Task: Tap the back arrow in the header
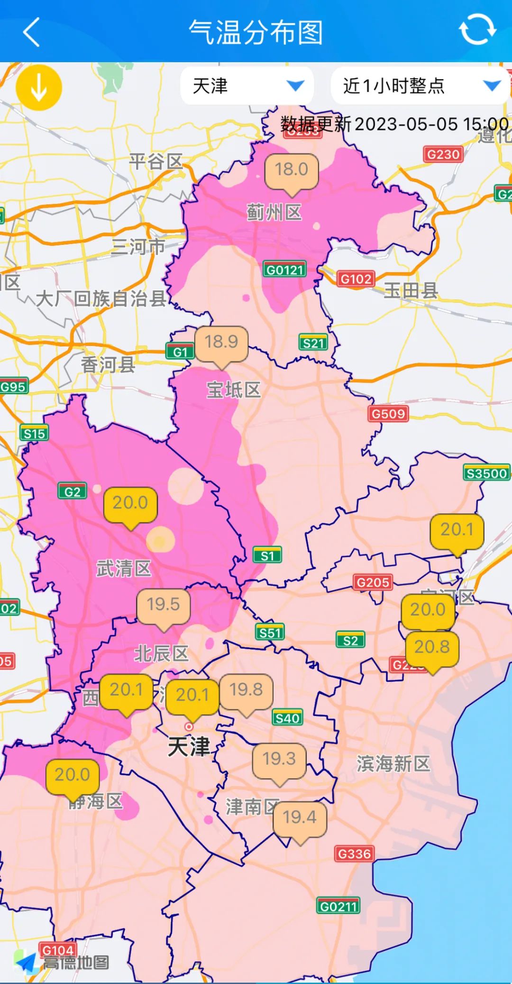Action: click(x=31, y=32)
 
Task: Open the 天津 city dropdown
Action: click(x=247, y=86)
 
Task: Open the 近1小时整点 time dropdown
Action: click(x=420, y=86)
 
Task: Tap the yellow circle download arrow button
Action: click(x=39, y=88)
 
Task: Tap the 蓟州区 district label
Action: click(x=274, y=212)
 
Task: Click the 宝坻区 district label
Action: click(x=234, y=390)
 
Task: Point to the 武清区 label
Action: click(x=123, y=568)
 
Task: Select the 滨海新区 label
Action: click(x=393, y=764)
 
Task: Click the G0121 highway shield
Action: click(x=284, y=270)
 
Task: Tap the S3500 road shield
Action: click(x=486, y=473)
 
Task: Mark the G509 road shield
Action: click(x=388, y=414)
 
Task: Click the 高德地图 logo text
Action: click(x=76, y=963)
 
